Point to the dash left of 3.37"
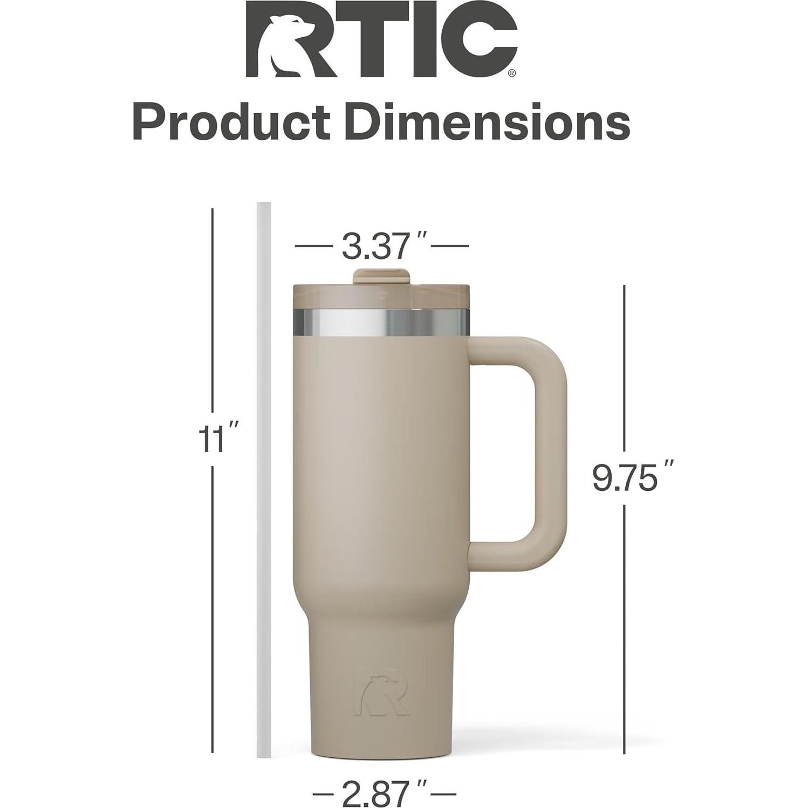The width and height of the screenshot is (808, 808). point(313,246)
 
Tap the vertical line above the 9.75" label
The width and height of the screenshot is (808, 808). point(624,367)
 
